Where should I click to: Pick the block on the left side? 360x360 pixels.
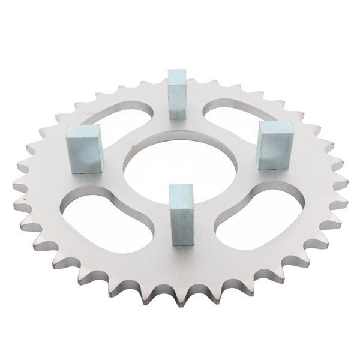click(85, 149)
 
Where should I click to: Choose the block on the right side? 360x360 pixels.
click(275, 145)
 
